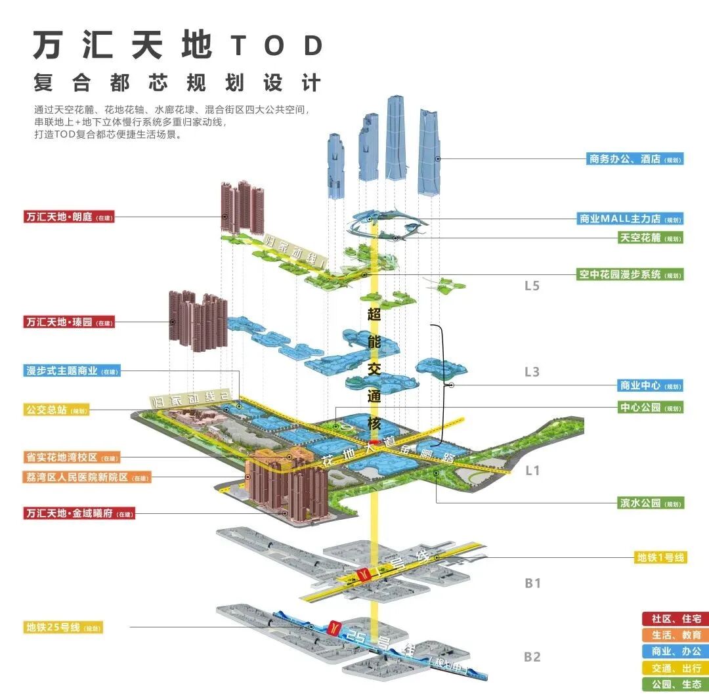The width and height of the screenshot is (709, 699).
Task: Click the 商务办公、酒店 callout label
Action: click(635, 159)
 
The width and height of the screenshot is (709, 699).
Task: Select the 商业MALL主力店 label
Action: click(630, 219)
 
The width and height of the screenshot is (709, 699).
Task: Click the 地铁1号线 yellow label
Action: click(660, 557)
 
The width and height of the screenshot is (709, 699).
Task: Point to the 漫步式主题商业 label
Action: click(72, 371)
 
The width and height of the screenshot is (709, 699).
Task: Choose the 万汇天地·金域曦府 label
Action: click(77, 513)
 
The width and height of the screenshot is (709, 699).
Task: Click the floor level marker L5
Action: click(532, 286)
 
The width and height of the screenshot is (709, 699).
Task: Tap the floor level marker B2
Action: click(532, 656)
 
